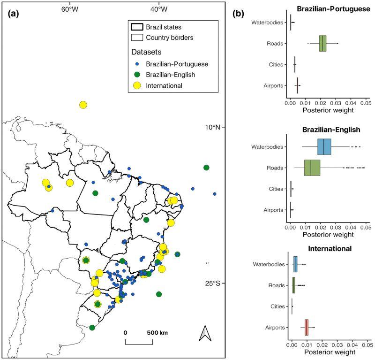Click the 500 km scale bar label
click(x=157, y=332)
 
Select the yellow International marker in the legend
click(x=136, y=85)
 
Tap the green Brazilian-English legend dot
click(x=136, y=75)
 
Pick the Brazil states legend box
click(x=136, y=27)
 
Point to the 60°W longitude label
click(x=69, y=9)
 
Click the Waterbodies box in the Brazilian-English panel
click(x=324, y=146)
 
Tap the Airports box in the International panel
click(x=307, y=327)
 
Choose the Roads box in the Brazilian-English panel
click(x=312, y=168)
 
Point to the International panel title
click(x=327, y=248)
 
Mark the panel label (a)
click(x=14, y=14)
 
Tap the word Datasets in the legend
click(x=146, y=52)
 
